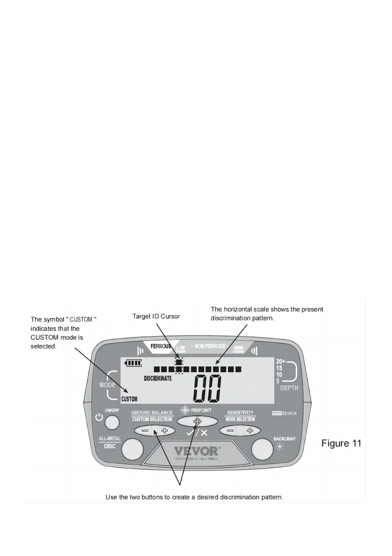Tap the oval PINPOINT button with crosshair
pos(197,422)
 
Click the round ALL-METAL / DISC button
pos(132,450)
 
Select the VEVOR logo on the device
pos(196,451)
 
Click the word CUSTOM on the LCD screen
pos(129,399)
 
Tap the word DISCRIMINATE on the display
pos(157,378)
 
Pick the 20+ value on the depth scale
pos(280,361)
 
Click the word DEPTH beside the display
pos(289,388)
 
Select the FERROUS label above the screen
pos(161,347)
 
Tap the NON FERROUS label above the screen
pos(210,347)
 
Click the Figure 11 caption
pos(341,443)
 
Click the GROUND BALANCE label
pos(152,413)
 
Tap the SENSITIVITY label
pos(240,413)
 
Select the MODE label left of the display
pos(107,386)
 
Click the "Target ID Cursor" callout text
pos(156,317)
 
